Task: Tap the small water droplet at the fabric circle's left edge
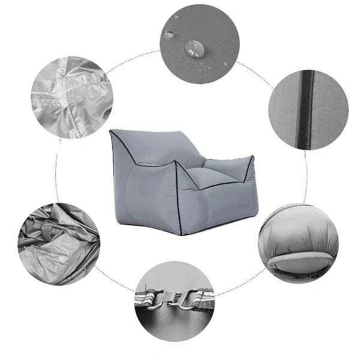tap(169, 34)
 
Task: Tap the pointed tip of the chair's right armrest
tap(252, 158)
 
